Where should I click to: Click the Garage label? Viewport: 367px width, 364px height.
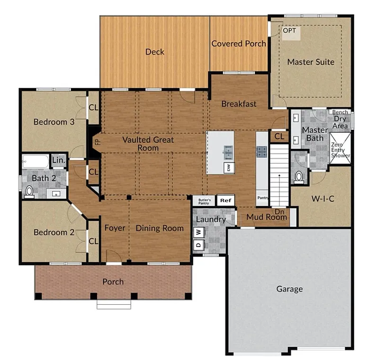(x=289, y=289)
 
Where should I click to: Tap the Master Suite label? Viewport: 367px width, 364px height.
(x=311, y=62)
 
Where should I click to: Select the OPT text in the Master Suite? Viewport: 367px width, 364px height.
(x=289, y=31)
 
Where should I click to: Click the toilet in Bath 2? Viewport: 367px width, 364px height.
(x=29, y=191)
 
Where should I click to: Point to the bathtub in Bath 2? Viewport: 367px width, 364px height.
(x=35, y=162)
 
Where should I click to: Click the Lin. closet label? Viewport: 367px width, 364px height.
(x=58, y=160)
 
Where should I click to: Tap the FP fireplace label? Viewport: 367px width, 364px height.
(x=96, y=141)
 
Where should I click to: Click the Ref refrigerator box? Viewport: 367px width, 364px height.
(x=226, y=200)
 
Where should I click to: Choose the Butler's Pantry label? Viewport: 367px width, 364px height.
(x=204, y=200)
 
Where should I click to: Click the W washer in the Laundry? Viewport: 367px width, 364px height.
(x=199, y=232)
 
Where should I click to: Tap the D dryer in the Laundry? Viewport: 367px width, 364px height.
(x=199, y=244)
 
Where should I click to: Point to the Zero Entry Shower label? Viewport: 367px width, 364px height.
(x=340, y=150)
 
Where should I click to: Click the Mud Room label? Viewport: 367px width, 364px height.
(x=268, y=218)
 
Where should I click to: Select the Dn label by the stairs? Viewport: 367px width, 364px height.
(x=279, y=211)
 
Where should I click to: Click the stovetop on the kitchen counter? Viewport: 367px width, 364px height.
(x=262, y=152)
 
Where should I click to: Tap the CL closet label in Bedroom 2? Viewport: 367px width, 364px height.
(x=93, y=241)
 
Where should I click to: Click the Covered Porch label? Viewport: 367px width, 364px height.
(x=238, y=44)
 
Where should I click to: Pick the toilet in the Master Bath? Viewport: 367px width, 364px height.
(x=299, y=176)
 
